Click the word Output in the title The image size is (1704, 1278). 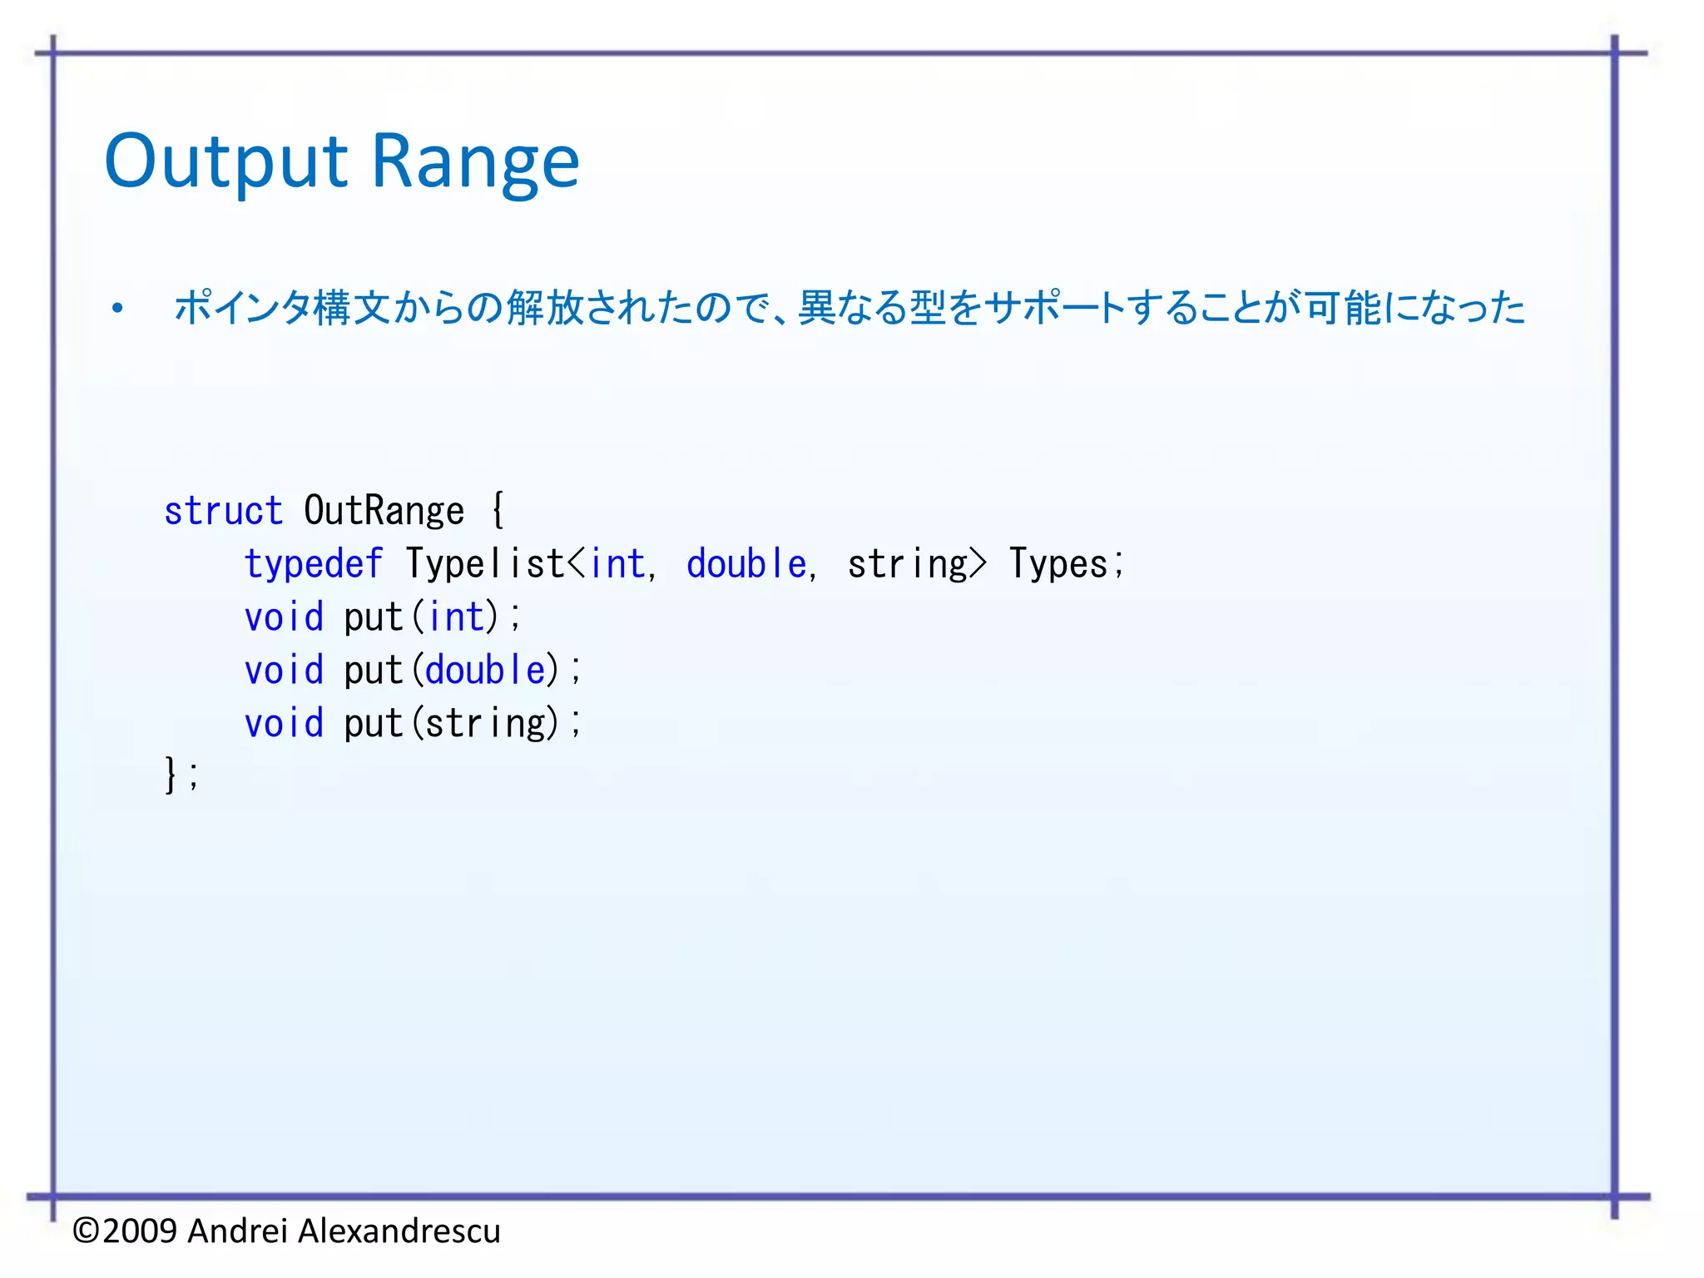pyautogui.click(x=225, y=162)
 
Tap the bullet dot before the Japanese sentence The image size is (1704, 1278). pyautogui.click(x=117, y=309)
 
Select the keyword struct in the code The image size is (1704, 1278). pyautogui.click(x=223, y=511)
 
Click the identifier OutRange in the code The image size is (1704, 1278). pyautogui.click(x=384, y=511)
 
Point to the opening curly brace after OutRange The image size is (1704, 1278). pyautogui.click(x=498, y=509)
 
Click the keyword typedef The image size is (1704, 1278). pyautogui.click(x=313, y=564)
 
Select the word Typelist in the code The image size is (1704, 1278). pyautogui.click(x=485, y=564)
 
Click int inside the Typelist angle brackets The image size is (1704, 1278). pyautogui.click(x=617, y=564)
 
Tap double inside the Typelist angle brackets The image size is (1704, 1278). pyautogui.click(x=746, y=564)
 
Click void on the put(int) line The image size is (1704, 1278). pyautogui.click(x=284, y=617)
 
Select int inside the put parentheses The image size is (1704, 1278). pyautogui.click(x=455, y=617)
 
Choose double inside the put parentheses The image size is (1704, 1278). pyautogui.click(x=485, y=671)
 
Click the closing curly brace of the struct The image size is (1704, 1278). pyautogui.click(x=171, y=775)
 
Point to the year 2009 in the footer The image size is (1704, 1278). pyautogui.click(x=140, y=1231)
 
